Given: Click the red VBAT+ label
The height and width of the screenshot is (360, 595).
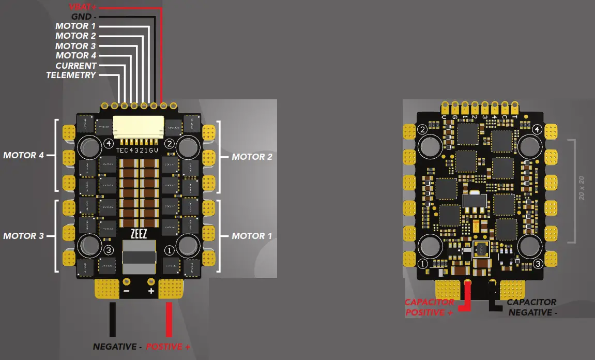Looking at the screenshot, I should tap(83, 7).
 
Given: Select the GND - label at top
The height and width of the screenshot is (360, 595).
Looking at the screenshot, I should tap(83, 17).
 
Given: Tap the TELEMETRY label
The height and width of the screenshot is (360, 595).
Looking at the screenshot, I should tap(71, 75).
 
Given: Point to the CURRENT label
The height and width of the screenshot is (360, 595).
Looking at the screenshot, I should tap(76, 66).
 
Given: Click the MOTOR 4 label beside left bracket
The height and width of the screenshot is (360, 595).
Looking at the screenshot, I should tap(23, 155).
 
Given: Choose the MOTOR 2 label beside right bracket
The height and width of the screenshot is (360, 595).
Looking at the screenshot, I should tap(252, 156).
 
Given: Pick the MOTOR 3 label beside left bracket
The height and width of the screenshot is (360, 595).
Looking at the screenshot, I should tap(23, 236).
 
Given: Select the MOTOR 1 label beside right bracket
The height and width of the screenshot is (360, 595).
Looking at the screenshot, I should tap(252, 236).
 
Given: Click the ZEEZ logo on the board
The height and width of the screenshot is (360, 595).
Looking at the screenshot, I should tap(139, 233).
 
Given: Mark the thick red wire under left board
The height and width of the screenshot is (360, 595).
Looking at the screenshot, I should tap(169, 320).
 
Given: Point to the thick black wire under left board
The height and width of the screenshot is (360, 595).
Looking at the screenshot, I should tap(113, 320).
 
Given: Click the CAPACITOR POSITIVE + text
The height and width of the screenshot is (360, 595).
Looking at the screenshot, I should tap(430, 307).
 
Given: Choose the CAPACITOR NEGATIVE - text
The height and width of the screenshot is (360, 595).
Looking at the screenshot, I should tap(531, 307).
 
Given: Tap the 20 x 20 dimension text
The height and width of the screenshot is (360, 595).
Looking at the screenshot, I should tap(582, 189).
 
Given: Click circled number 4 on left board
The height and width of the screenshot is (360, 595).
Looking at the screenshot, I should tap(109, 143).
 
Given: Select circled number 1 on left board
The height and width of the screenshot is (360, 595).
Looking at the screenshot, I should tap(169, 250).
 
